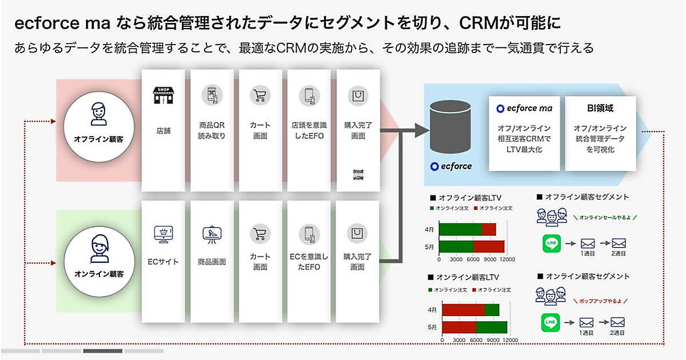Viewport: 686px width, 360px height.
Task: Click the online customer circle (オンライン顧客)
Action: tap(99, 257)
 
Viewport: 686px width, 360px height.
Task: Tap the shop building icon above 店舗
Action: tap(163, 95)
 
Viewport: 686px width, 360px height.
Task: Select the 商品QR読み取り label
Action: tap(212, 130)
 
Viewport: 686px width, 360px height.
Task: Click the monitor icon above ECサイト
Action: tap(163, 234)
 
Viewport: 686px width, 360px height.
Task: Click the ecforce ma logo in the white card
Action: tap(524, 108)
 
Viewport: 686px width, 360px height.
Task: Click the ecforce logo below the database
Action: tap(452, 166)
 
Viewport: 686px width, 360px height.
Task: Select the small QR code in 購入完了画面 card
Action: tap(358, 174)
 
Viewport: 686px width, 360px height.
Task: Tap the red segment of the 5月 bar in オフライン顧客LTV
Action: tap(489, 246)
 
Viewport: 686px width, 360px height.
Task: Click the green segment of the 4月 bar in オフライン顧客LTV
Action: tap(461, 229)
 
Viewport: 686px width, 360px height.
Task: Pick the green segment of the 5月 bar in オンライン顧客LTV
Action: tap(492, 327)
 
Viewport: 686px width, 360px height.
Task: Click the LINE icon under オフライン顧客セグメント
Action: tap(552, 243)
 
